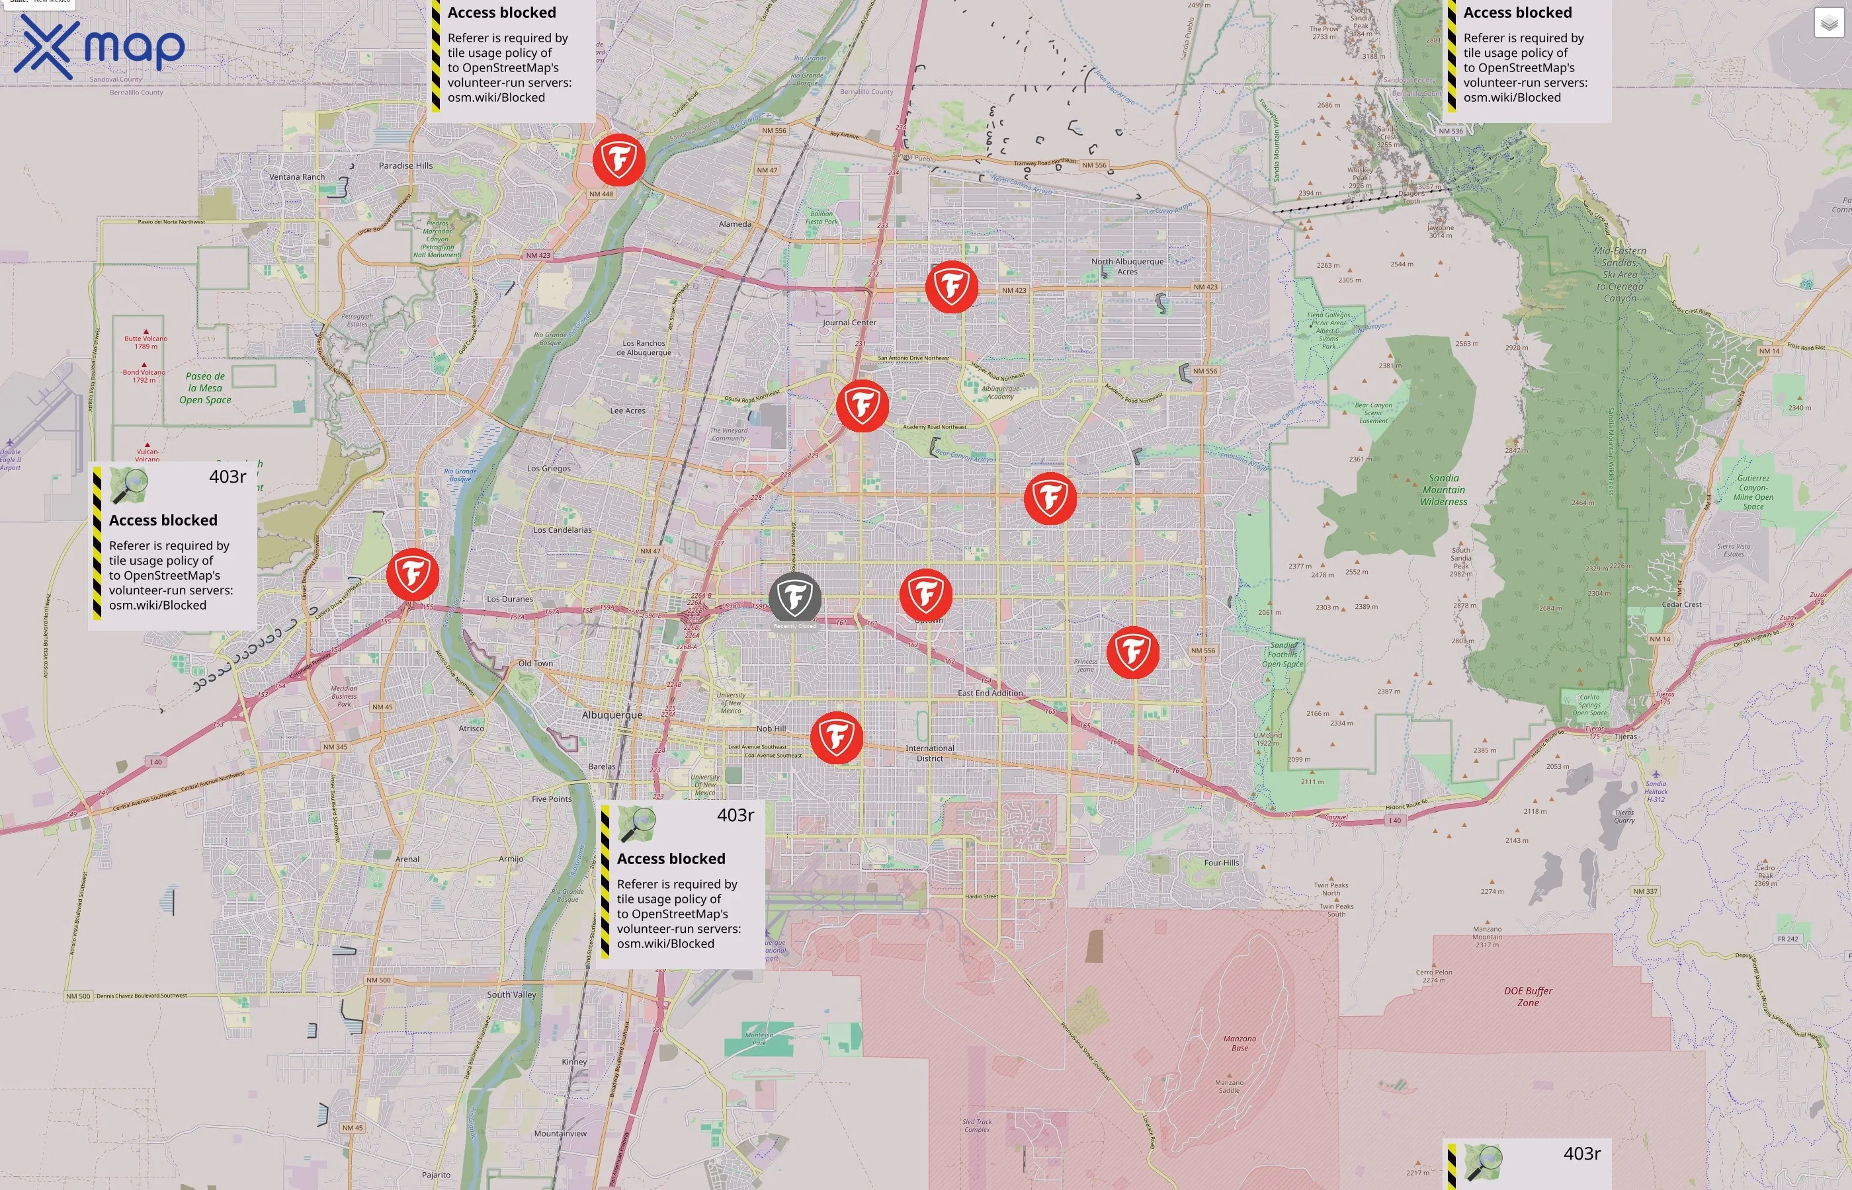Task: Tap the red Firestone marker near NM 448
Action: [618, 160]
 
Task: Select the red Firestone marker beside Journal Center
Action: [862, 405]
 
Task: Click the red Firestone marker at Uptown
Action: [925, 594]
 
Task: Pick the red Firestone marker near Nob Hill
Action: [836, 737]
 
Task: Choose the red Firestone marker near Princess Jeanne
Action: [1132, 652]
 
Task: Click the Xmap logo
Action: [100, 47]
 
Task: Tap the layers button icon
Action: [1828, 23]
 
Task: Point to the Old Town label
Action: [535, 663]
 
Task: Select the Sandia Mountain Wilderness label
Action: [1443, 490]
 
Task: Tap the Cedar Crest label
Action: [1681, 604]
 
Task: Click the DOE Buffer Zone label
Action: [1527, 996]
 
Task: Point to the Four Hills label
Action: [1221, 862]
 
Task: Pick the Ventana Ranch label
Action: [297, 177]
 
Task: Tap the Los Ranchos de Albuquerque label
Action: [644, 348]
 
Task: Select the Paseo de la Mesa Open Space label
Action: [206, 388]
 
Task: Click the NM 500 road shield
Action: [78, 996]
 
